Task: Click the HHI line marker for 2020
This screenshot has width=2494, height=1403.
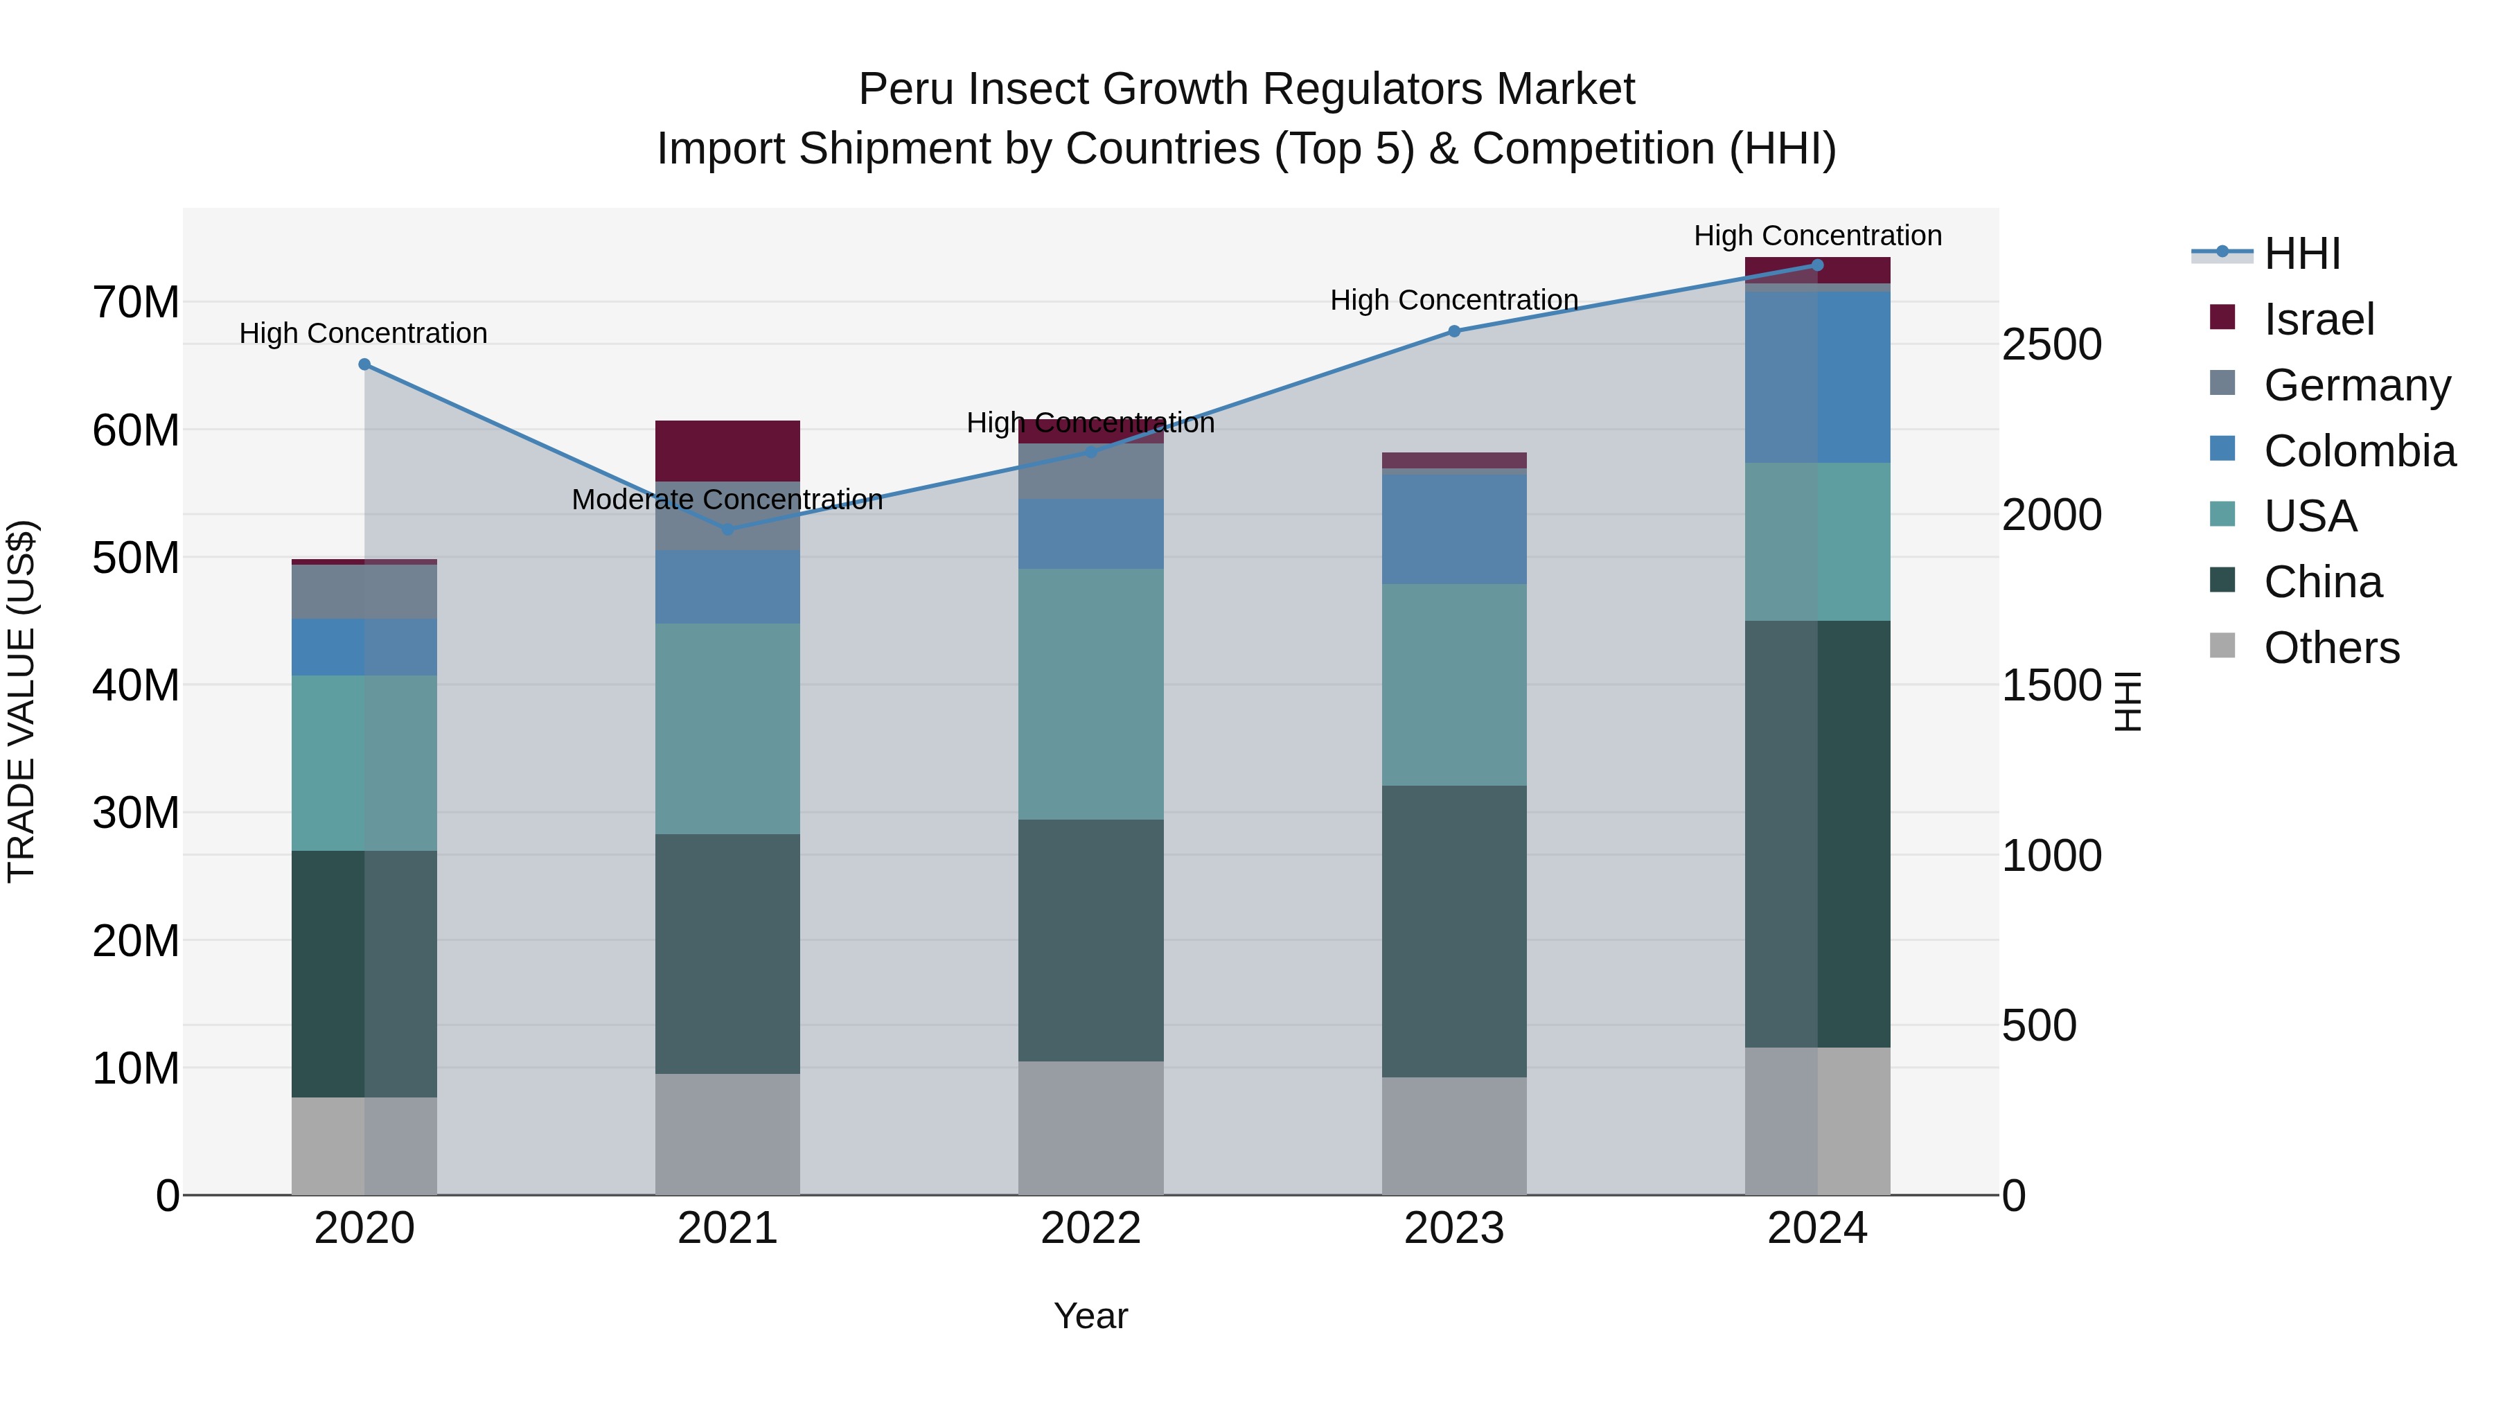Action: tap(364, 364)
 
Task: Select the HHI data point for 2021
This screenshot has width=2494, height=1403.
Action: tap(728, 529)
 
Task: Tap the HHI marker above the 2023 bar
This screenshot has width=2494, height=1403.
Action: tap(1453, 331)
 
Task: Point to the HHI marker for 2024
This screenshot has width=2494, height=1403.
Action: tap(1817, 265)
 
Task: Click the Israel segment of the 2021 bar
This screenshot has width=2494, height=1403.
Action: tap(728, 450)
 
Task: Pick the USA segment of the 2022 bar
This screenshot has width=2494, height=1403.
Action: tap(1090, 694)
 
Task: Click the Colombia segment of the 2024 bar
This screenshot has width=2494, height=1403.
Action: tap(1817, 377)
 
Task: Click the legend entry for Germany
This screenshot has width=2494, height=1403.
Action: tap(2357, 385)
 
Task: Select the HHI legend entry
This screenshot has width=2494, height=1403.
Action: tap(2301, 253)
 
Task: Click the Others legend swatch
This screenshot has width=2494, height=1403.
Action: tap(2223, 646)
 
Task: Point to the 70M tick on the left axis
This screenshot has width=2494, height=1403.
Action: tap(136, 302)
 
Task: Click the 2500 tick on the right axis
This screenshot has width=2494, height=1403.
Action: tap(2051, 345)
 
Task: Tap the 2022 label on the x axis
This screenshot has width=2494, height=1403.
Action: tap(1090, 1228)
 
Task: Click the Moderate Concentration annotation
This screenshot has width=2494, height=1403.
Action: tap(727, 500)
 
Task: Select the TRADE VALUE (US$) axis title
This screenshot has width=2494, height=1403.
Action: tap(22, 701)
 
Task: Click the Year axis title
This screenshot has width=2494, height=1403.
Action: tap(1090, 1316)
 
